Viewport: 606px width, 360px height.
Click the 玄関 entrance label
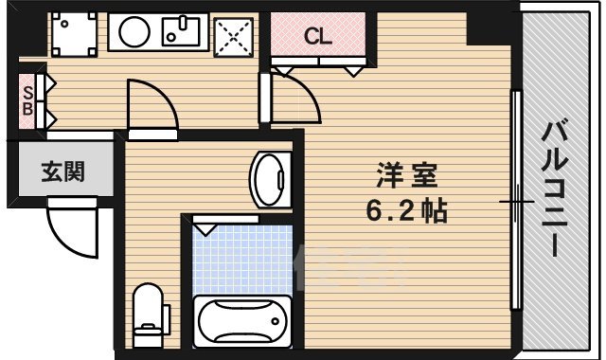[62, 171]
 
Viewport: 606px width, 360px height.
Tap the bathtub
[241, 319]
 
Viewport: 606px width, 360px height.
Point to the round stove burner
[130, 33]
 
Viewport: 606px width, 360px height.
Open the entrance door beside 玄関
[74, 230]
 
